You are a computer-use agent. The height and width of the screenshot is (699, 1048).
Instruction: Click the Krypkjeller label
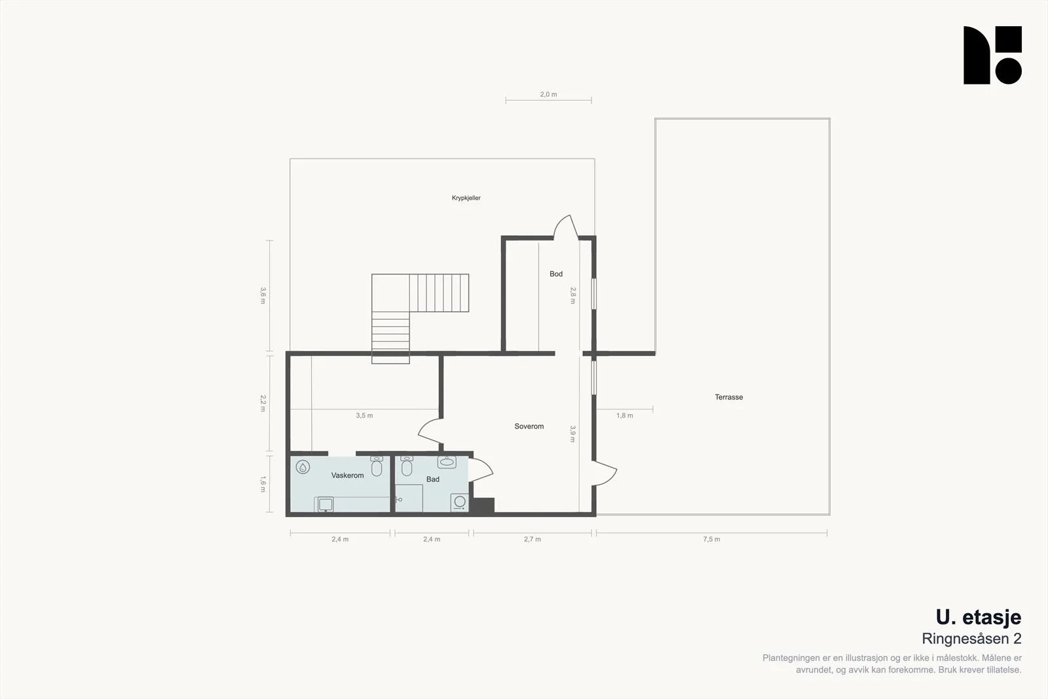click(x=466, y=198)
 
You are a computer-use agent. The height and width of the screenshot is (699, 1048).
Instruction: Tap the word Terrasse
click(x=728, y=397)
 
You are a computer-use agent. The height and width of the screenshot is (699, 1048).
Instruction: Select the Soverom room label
click(x=529, y=426)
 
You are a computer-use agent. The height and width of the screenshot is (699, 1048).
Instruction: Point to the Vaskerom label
click(x=347, y=476)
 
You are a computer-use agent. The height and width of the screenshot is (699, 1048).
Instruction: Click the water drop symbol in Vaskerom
click(x=303, y=467)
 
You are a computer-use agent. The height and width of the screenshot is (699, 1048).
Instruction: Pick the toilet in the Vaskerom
click(x=377, y=466)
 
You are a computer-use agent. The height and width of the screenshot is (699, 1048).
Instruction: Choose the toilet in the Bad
click(x=407, y=466)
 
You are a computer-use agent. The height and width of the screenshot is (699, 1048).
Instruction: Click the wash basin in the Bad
click(x=447, y=463)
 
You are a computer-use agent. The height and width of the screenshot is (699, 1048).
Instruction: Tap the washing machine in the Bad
click(x=459, y=502)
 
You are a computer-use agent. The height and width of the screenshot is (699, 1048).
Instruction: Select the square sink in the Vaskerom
click(x=326, y=504)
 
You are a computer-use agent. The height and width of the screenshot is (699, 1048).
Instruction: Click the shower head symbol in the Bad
click(x=399, y=500)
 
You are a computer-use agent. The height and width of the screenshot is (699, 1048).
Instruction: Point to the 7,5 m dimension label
click(x=711, y=539)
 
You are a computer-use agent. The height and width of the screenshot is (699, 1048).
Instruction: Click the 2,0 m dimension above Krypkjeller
click(x=548, y=94)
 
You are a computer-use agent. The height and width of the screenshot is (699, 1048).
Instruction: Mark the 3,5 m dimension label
click(x=364, y=415)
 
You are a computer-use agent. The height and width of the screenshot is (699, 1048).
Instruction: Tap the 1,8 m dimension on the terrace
click(x=624, y=415)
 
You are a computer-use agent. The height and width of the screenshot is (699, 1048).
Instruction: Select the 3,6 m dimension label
click(x=263, y=295)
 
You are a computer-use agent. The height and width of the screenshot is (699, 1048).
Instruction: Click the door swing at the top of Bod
click(x=566, y=227)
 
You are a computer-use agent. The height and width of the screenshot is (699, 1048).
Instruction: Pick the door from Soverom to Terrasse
click(x=605, y=473)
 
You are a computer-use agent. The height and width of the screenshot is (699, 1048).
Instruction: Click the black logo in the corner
click(x=992, y=55)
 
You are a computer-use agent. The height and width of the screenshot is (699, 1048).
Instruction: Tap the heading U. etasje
click(x=979, y=618)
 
